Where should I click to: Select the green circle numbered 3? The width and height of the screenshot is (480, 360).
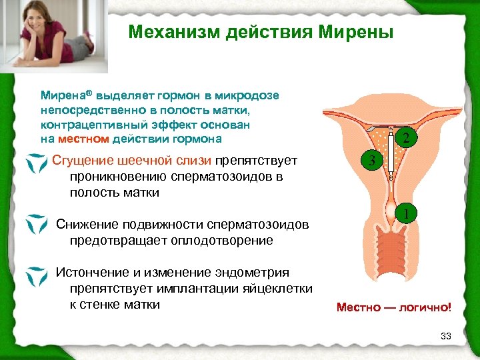click(x=372, y=161)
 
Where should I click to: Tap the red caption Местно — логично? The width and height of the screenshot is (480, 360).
click(x=394, y=307)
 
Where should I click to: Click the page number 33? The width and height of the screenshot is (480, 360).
click(x=446, y=336)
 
